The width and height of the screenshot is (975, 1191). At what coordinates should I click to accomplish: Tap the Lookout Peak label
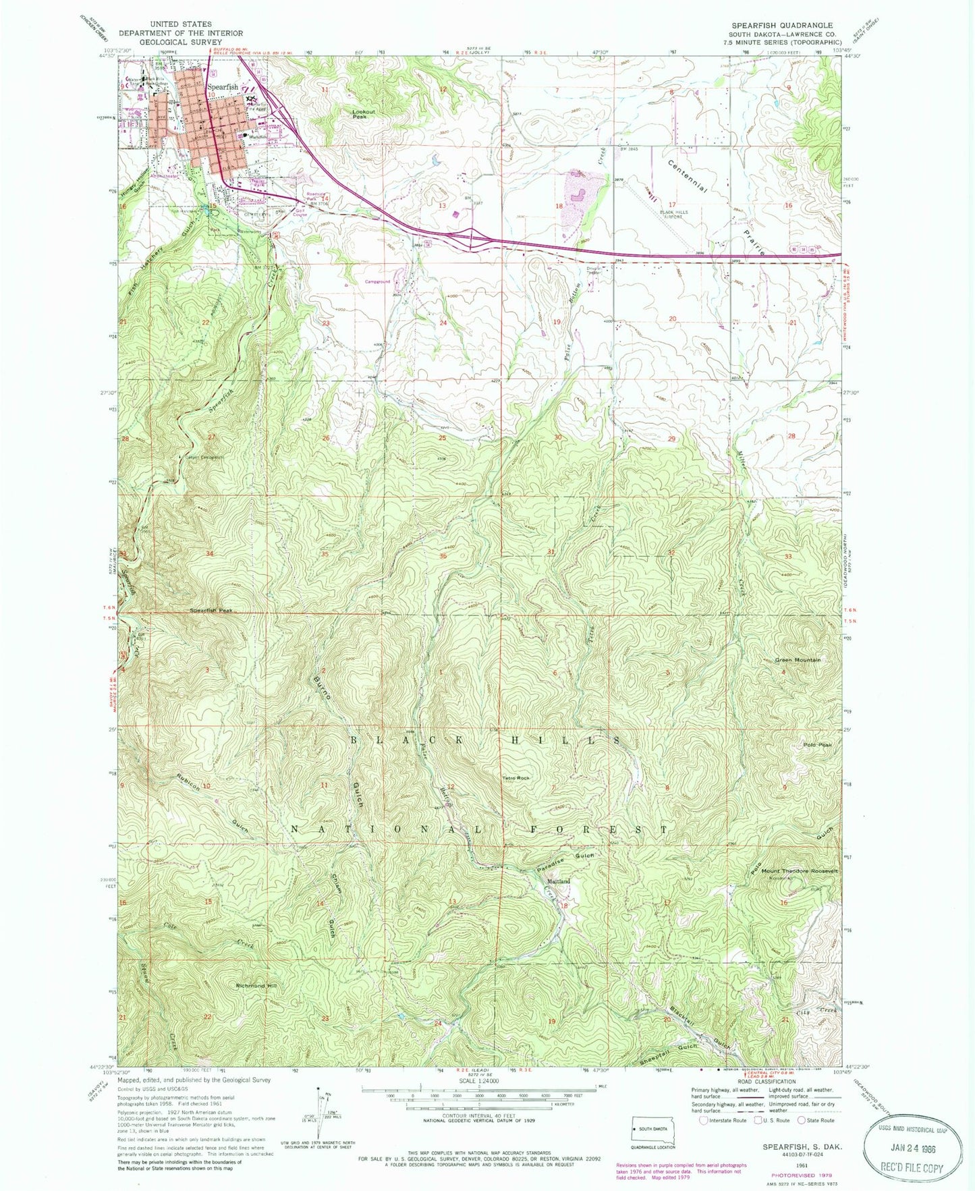point(363,114)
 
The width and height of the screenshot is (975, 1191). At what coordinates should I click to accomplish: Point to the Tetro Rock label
point(516,778)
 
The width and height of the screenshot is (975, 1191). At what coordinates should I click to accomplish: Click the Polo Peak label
point(818,745)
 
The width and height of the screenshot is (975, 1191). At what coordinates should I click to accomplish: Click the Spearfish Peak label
point(211,610)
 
